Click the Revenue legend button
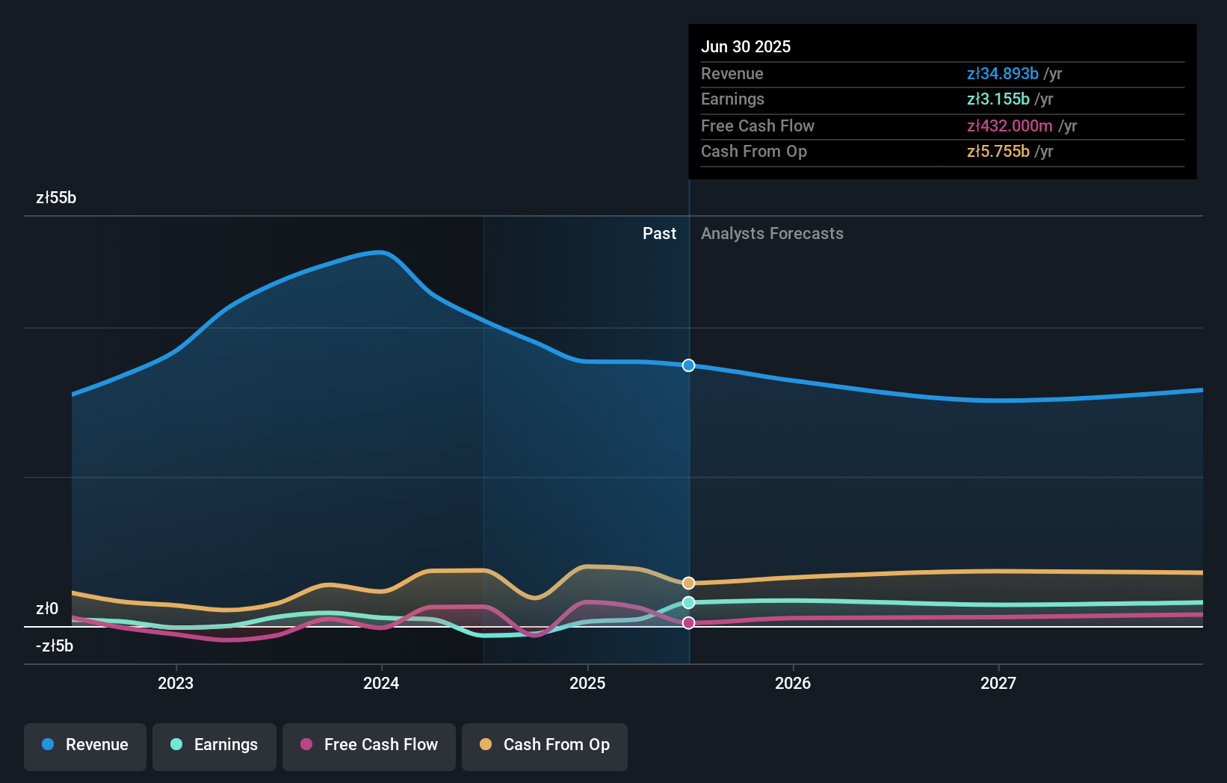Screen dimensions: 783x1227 tap(85, 745)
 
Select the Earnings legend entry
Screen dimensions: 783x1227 tap(214, 745)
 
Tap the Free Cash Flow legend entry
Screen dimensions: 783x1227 tap(369, 745)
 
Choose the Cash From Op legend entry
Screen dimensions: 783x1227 tap(545, 745)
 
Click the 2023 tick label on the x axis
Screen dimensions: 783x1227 tap(176, 683)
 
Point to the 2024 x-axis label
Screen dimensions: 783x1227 tap(381, 683)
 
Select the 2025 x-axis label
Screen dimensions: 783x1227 tap(587, 683)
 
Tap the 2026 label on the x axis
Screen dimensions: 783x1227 tap(793, 683)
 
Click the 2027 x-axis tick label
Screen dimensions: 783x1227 tap(998, 683)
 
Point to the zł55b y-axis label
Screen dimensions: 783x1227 tap(56, 198)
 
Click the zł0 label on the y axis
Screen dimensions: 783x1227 tap(47, 609)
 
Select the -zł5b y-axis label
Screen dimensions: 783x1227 tap(55, 646)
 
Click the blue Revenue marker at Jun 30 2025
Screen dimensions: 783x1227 tap(689, 365)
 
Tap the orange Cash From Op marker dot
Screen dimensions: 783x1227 tap(689, 583)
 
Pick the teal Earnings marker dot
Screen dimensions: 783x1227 tap(689, 602)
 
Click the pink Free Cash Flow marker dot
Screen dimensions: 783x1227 tap(689, 622)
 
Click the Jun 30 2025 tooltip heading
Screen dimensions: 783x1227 tap(746, 46)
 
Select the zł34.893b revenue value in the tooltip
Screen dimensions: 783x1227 tap(1002, 74)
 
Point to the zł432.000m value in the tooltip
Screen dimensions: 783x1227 tap(1010, 126)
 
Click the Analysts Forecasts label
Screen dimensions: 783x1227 tap(772, 234)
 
